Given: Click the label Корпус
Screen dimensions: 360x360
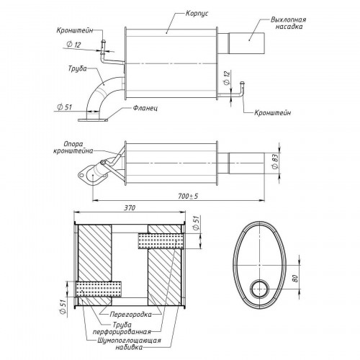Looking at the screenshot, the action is click(197, 13).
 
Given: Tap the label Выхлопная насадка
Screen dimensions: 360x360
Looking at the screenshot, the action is click(289, 23).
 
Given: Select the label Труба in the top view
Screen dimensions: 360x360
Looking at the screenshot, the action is click(77, 68).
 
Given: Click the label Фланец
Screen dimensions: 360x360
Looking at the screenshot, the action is click(145, 108).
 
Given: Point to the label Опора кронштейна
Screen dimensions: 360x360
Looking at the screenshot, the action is click(73, 148).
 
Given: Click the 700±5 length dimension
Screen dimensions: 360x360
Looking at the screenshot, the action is click(188, 197).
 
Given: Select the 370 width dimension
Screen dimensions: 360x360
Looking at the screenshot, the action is click(130, 207).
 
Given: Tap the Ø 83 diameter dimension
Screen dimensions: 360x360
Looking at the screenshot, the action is click(276, 162).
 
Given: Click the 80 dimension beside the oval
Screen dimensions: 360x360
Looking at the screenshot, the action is click(295, 279).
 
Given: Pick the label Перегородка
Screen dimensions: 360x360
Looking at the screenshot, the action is click(131, 314).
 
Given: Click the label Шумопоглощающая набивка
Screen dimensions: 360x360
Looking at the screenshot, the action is click(130, 344).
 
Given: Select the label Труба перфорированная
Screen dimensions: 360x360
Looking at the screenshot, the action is click(122, 328).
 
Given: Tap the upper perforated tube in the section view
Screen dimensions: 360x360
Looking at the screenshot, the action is click(159, 241).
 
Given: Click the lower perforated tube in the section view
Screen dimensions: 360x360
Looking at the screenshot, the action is click(99, 289).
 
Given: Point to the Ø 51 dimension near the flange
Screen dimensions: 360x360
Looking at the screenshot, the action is click(64, 107).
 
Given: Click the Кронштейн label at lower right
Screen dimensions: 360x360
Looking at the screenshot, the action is click(273, 112).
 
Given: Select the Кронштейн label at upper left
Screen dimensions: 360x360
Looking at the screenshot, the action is click(75, 30).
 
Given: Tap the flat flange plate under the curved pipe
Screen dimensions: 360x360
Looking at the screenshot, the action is click(93, 120).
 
